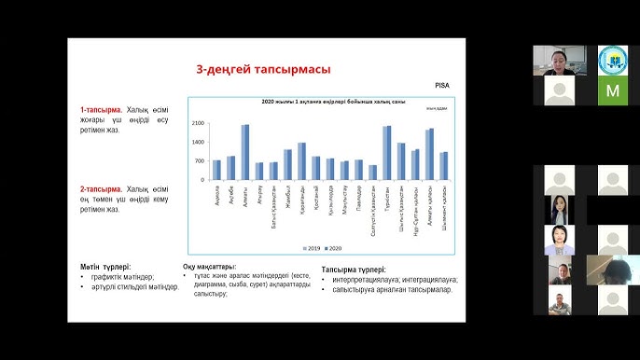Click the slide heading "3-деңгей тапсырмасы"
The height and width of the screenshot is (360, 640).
tap(262, 69)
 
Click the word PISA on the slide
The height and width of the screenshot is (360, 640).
tap(442, 85)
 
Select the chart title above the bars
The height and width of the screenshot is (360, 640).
tap(320, 102)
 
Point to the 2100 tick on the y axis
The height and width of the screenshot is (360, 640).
tap(198, 123)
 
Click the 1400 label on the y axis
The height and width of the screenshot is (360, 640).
tap(198, 142)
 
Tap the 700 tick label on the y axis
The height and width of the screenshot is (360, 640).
tap(200, 160)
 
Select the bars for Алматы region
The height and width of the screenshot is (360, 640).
tap(245, 151)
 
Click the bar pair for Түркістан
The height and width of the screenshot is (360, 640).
tap(387, 152)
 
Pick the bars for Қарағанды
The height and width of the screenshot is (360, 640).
tap(301, 160)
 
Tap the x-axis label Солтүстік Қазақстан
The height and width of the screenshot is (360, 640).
tap(373, 210)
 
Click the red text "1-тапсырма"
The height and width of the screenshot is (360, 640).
tap(102, 110)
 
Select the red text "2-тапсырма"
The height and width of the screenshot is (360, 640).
tap(102, 188)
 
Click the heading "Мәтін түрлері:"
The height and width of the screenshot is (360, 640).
tap(105, 266)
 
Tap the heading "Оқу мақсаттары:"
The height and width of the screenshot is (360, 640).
tap(209, 266)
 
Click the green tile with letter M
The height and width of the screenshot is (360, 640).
tap(612, 90)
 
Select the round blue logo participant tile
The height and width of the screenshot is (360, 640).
tap(612, 61)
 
